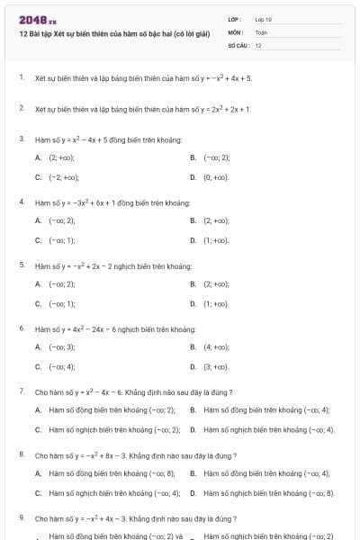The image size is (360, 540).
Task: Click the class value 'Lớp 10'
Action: pos(264,19)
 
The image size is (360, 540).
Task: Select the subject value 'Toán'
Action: pos(261,31)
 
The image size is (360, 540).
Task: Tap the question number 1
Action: pos(21,78)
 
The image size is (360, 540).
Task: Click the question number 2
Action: pos(21,108)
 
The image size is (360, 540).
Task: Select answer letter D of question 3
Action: pos(193,177)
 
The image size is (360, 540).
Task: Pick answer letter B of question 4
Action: pos(193,220)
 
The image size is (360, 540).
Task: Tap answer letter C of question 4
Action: pos(38,240)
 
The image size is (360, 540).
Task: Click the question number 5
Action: pos(21,266)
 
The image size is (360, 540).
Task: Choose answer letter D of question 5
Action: pos(193,304)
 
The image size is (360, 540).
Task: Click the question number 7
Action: pos(21,392)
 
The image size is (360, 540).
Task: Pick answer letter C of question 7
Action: pos(38,429)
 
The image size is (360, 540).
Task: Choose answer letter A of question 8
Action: pos(38,472)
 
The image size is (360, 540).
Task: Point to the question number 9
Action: pos(21,519)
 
